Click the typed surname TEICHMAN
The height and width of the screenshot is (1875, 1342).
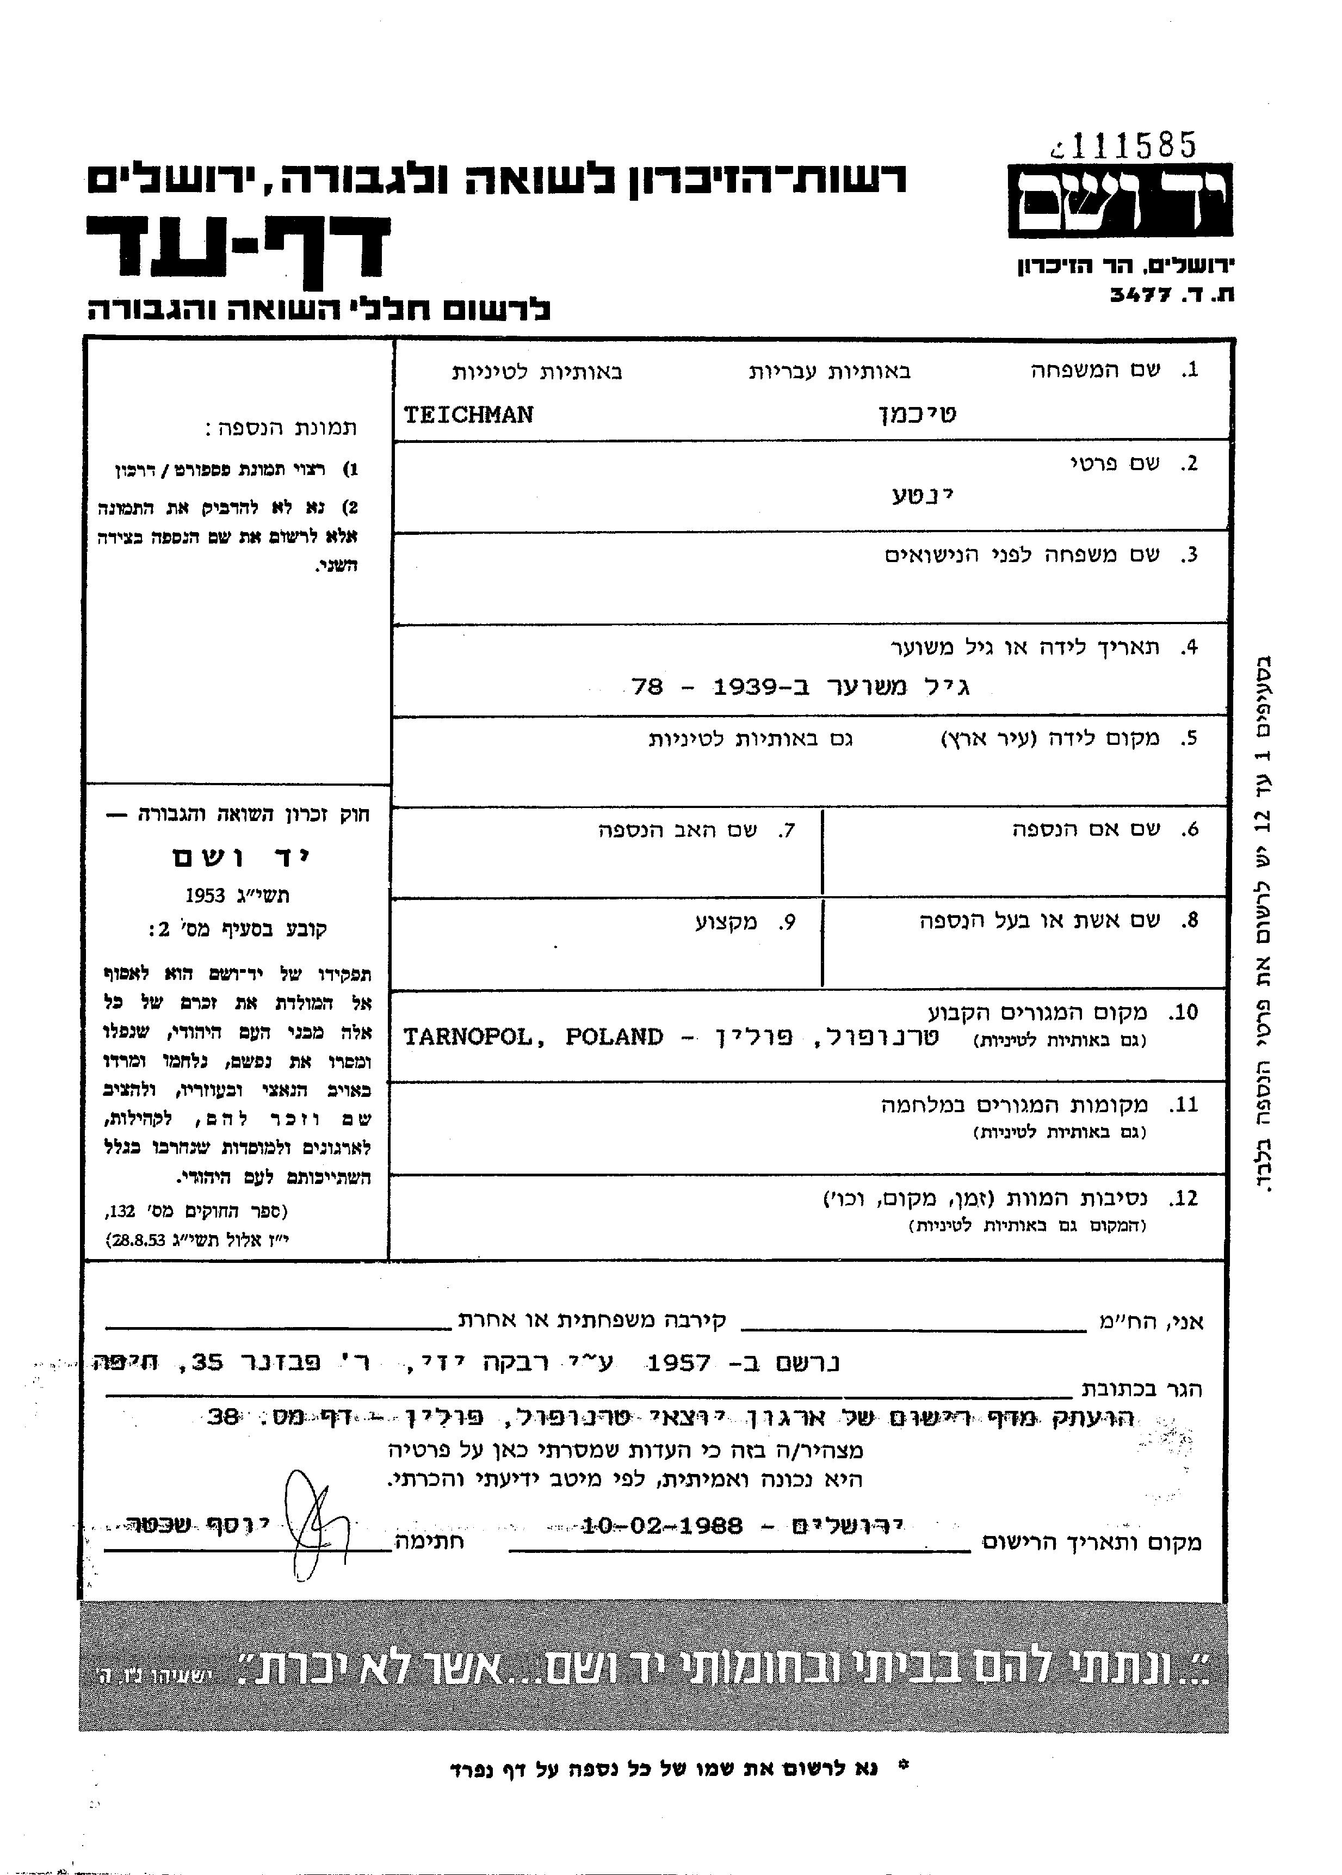click(468, 415)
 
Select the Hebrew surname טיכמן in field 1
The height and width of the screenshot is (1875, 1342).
click(917, 415)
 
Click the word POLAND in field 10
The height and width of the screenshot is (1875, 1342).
click(614, 1038)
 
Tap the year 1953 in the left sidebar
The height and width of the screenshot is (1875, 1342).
click(206, 896)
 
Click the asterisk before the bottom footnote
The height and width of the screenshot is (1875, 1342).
click(902, 1768)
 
